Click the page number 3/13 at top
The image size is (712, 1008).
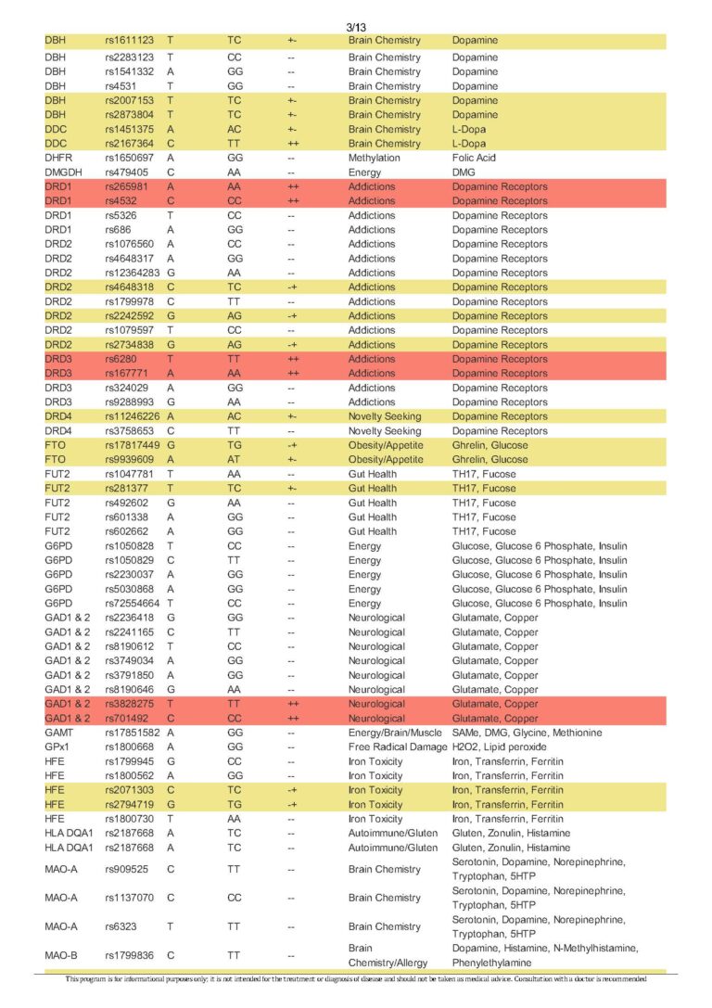pyautogui.click(x=356, y=28)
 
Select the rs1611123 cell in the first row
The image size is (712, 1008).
pyautogui.click(x=130, y=41)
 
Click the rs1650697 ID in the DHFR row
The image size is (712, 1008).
pyautogui.click(x=130, y=158)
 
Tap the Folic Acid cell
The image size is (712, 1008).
pyautogui.click(x=475, y=158)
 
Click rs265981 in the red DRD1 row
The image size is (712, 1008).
pyautogui.click(x=126, y=186)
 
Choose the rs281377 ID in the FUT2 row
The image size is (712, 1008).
pyautogui.click(x=126, y=488)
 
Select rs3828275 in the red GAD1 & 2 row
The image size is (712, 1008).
pyautogui.click(x=130, y=704)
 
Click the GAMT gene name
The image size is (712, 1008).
pyautogui.click(x=58, y=733)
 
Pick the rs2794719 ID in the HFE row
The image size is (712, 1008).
pyautogui.click(x=130, y=804)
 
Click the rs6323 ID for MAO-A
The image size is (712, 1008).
pyautogui.click(x=123, y=926)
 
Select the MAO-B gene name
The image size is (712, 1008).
pyautogui.click(x=62, y=955)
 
